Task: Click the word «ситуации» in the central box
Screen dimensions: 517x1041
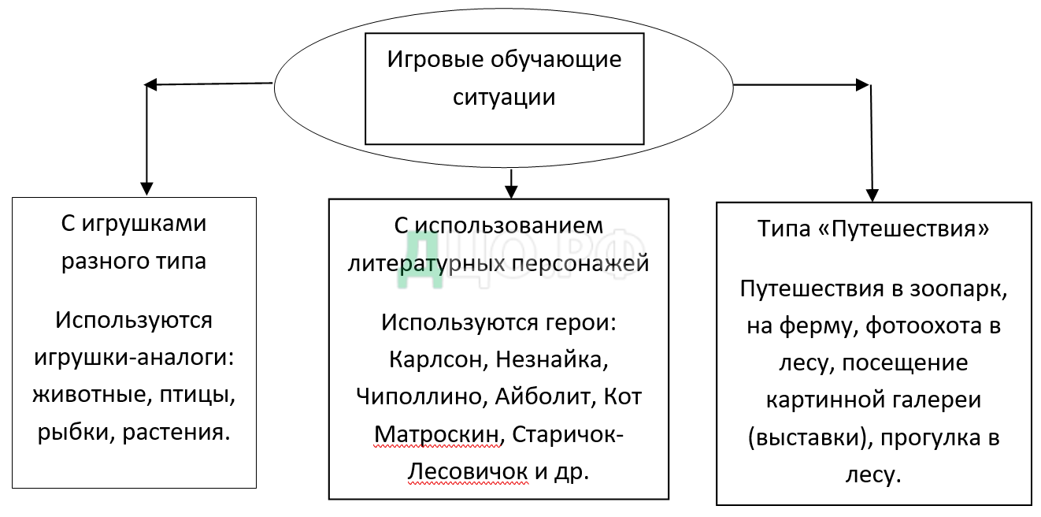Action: coord(504,97)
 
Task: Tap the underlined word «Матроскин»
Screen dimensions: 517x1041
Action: coord(437,433)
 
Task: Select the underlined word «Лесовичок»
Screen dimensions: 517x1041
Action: coord(468,471)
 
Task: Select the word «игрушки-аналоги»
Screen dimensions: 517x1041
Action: coord(135,357)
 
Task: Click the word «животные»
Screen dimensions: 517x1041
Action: coord(87,395)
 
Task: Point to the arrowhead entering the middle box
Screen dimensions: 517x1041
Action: coord(511,192)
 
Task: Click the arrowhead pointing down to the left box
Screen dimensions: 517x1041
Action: coord(146,189)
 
